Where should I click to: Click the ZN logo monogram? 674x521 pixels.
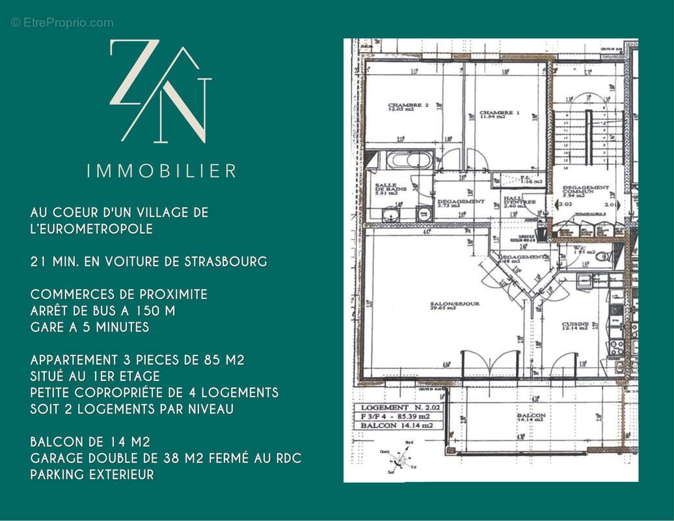coord(161,91)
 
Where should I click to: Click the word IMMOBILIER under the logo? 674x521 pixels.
coord(161,171)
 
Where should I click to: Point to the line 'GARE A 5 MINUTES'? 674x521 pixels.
coord(90,328)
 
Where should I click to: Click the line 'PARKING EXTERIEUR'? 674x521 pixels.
coord(92,475)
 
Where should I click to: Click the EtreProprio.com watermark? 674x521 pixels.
coord(62,23)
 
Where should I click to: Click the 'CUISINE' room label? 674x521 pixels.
coord(576,326)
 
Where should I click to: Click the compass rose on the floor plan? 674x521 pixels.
coord(402,460)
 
